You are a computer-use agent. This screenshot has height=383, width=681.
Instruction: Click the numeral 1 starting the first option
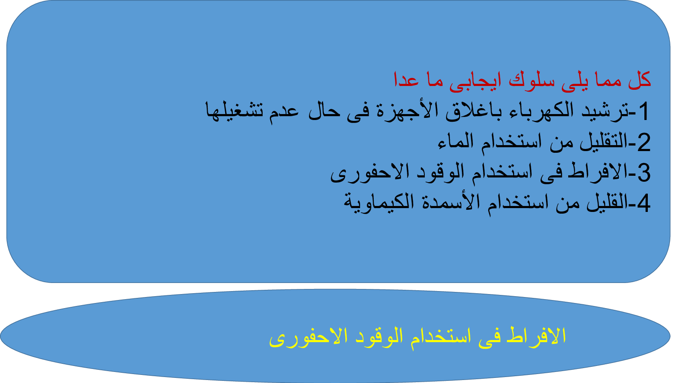pyautogui.click(x=644, y=111)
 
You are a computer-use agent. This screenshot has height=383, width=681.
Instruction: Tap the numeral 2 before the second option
pyautogui.click(x=644, y=142)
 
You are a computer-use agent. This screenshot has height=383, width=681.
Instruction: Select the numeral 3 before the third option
pyautogui.click(x=644, y=173)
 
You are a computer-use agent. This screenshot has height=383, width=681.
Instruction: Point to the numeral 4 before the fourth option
pyautogui.click(x=644, y=203)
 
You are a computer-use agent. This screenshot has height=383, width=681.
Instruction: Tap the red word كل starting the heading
pyautogui.click(x=640, y=80)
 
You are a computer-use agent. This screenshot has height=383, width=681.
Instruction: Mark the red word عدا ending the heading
pyautogui.click(x=406, y=80)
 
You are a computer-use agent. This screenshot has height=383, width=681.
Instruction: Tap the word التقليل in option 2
pyautogui.click(x=604, y=141)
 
